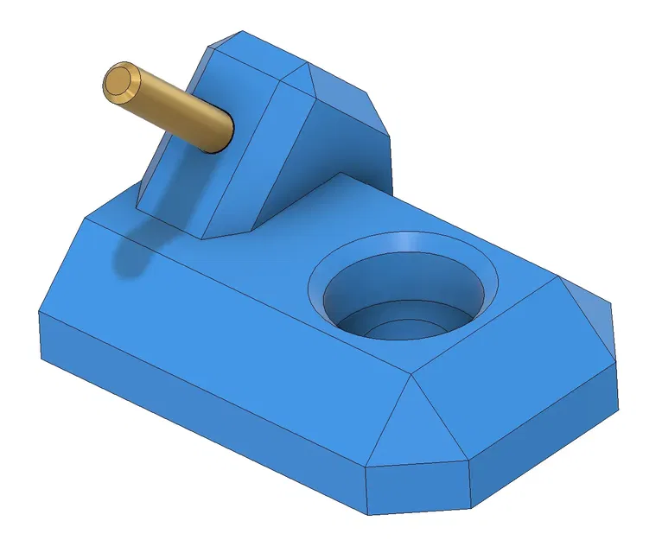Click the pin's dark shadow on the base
click(x=130, y=256)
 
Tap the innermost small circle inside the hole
click(x=399, y=326)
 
